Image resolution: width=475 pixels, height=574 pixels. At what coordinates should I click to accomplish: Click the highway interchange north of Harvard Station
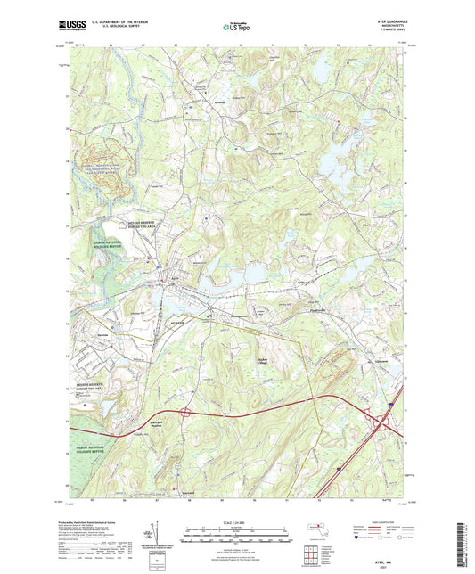pos(184,413)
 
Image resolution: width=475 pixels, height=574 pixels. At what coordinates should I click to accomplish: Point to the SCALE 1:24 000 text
pos(236,521)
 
